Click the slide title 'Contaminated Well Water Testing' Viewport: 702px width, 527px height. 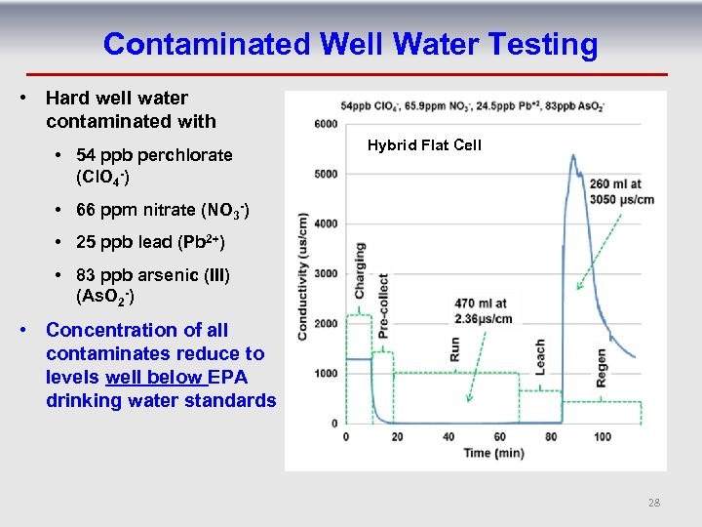point(350,44)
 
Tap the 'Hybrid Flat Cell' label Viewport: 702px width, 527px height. point(424,145)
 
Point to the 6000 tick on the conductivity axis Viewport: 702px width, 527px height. point(326,124)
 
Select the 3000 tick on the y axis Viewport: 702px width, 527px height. point(326,273)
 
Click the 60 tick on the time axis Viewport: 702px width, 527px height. point(500,436)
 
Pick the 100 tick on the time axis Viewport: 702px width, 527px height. point(603,436)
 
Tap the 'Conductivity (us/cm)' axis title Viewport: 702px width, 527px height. point(303,276)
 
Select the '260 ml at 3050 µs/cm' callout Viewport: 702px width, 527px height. point(620,190)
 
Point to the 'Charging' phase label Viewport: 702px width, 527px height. point(360,270)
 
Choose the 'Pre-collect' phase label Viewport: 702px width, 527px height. point(383,305)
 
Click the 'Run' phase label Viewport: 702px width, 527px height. point(454,348)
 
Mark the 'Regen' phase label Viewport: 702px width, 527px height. point(601,369)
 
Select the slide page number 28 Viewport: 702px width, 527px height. point(653,503)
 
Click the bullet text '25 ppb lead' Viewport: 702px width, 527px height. point(141,240)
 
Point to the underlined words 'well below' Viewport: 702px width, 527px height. point(149,377)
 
